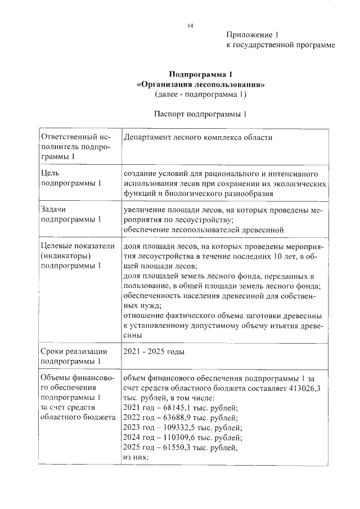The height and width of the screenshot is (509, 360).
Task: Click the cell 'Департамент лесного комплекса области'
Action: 199,137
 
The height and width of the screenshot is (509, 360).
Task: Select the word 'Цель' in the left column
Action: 49,173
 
